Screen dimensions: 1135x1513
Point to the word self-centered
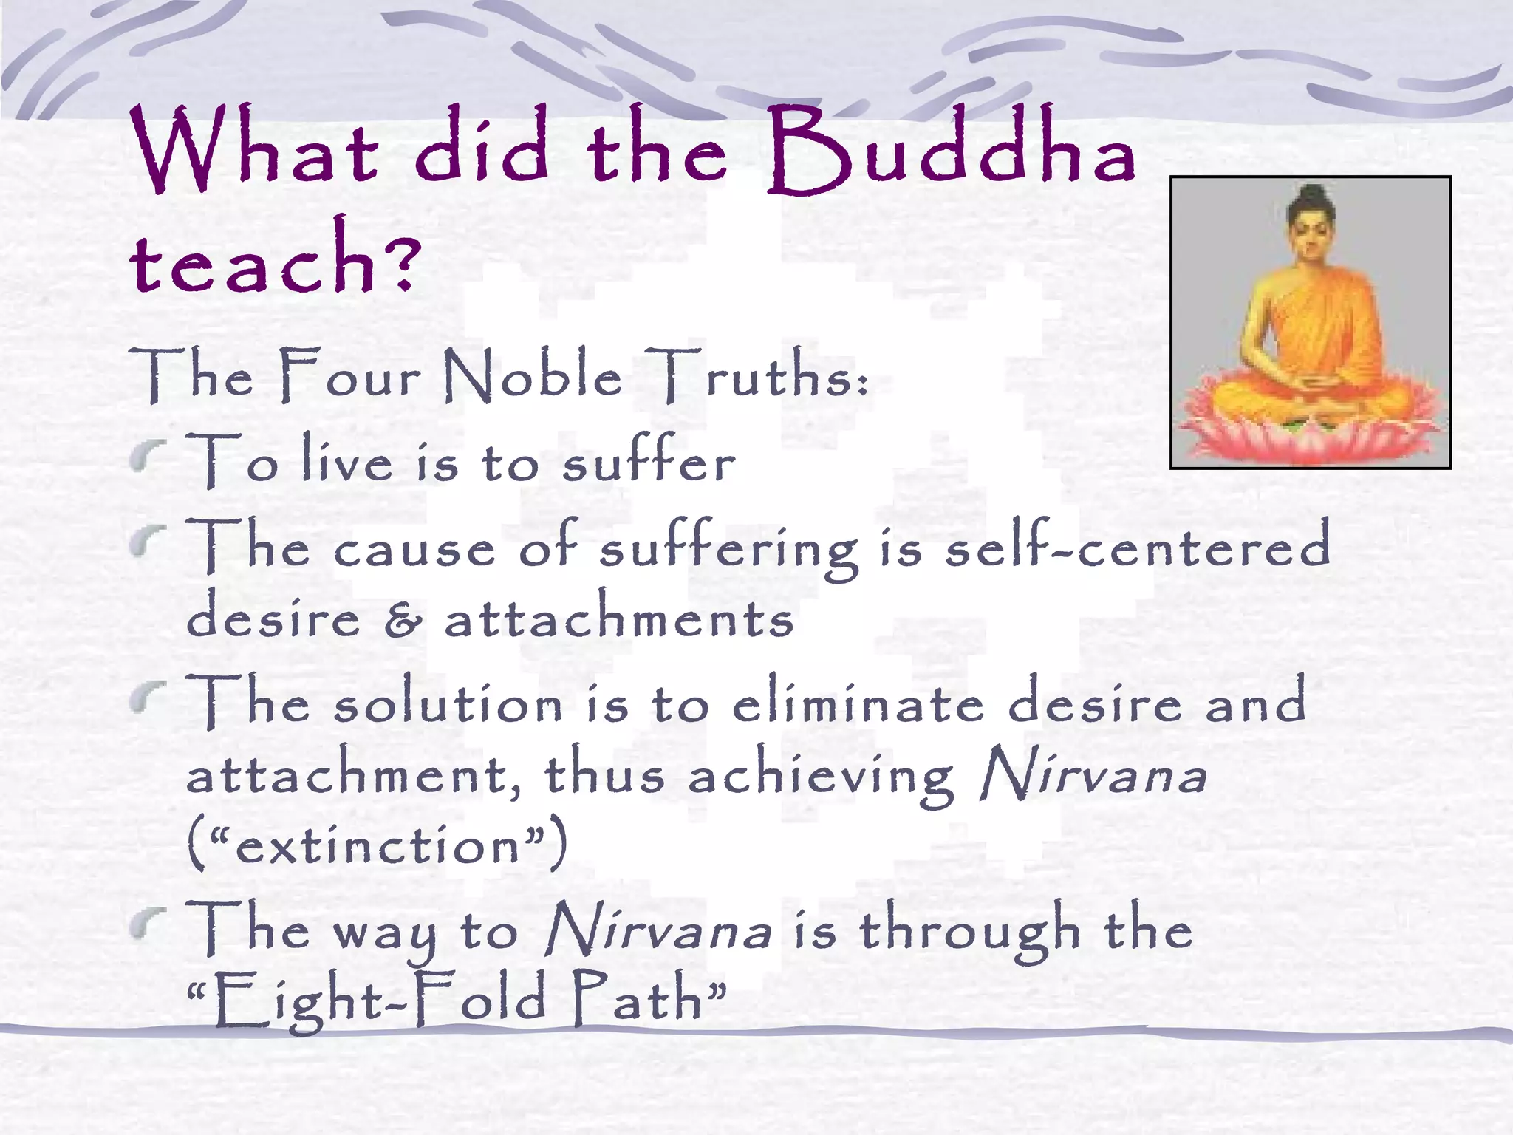click(x=1138, y=547)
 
